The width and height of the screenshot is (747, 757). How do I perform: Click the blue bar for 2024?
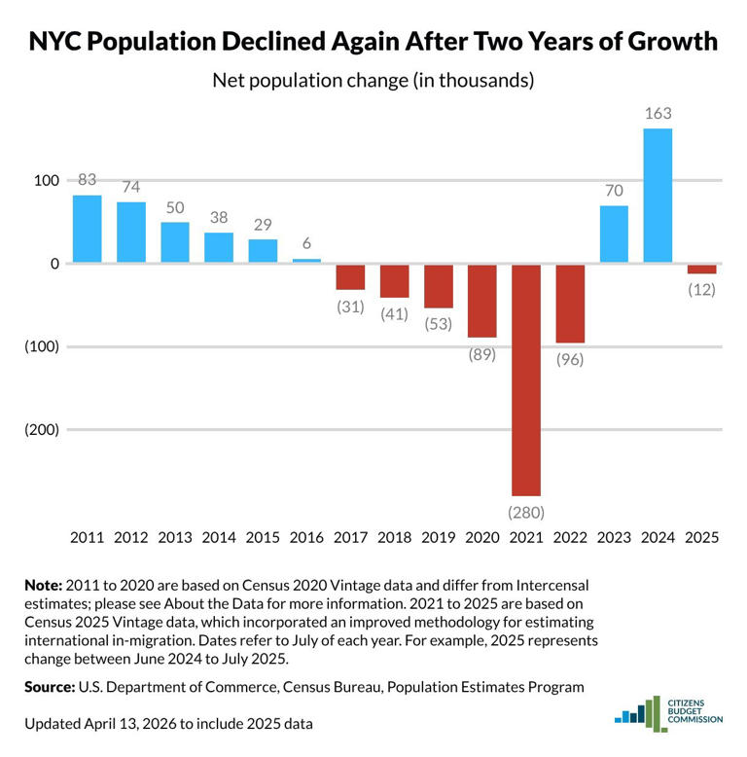[658, 196]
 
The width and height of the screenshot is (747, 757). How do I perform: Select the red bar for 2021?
[525, 379]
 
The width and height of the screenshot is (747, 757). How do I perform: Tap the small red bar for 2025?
[701, 269]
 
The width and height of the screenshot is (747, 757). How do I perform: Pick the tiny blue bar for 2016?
[306, 261]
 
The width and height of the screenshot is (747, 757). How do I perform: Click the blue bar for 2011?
[88, 229]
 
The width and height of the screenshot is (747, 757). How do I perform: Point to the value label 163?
[658, 114]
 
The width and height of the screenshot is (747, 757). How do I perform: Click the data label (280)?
[525, 512]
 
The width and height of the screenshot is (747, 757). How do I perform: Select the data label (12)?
[701, 289]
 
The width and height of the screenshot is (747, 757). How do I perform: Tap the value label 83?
[88, 180]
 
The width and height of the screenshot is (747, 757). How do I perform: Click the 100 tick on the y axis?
[47, 180]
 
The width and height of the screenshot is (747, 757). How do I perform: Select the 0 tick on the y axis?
[54, 264]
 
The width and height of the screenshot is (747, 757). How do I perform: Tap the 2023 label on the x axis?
[614, 537]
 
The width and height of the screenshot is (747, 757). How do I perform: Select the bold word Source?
[49, 687]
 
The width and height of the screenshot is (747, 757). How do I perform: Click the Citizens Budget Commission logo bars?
[636, 714]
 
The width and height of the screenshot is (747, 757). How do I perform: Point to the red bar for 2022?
[570, 304]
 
